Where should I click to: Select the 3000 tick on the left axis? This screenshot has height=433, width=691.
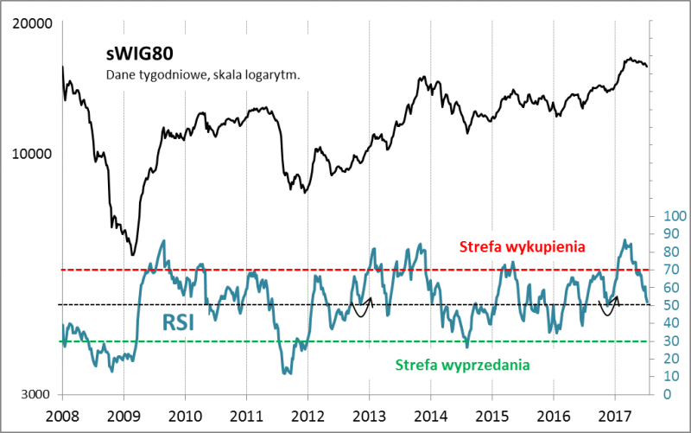coord(38,393)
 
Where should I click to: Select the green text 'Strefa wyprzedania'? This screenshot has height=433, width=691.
coord(462,365)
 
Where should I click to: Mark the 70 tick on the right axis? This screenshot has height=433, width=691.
coord(667,270)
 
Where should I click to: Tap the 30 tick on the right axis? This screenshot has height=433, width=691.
coord(667,341)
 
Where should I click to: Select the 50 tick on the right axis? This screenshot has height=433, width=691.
coord(667,305)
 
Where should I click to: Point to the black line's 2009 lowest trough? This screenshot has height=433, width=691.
coord(132,254)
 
